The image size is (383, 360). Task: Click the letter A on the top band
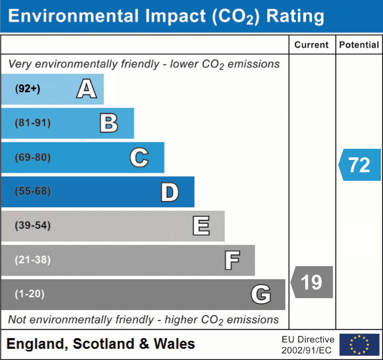87,89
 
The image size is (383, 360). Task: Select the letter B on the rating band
109,123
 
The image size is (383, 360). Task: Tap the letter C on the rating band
139,157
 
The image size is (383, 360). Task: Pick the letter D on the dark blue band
170,192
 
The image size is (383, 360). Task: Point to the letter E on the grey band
201,226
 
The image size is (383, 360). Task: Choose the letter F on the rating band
232,260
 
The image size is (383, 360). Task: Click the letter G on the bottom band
261,294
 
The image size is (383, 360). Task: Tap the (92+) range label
28,89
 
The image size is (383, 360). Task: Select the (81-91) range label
32,123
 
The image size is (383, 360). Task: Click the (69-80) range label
32,157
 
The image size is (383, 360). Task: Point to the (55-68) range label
32,191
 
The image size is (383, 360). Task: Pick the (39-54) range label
32,225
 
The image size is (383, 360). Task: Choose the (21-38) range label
32,260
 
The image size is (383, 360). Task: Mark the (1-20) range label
29,294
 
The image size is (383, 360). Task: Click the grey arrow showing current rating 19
312,282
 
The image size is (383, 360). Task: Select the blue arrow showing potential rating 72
360,165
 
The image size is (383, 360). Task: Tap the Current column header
312,45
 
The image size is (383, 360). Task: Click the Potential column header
359,45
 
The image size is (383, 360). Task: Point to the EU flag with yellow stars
360,345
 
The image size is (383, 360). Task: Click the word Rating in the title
295,17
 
